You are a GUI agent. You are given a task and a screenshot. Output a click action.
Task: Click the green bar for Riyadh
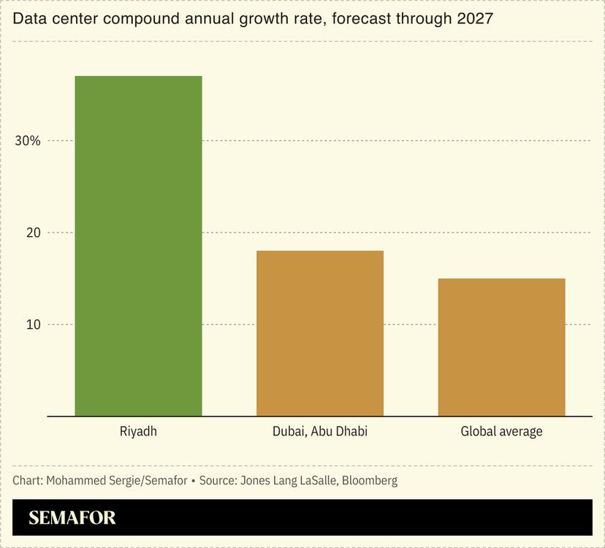pos(138,246)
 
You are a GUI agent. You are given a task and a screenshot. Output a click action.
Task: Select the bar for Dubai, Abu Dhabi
pos(319,333)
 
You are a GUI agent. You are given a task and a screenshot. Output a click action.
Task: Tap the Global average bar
pos(501,347)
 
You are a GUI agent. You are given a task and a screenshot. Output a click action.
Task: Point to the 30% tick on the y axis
pos(28,141)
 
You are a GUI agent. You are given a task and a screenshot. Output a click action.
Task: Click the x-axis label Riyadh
pos(138,431)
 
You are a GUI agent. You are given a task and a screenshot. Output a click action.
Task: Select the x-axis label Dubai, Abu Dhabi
pos(319,431)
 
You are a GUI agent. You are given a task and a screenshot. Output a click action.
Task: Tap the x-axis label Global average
pos(501,431)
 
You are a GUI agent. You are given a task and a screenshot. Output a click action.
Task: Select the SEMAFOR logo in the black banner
pos(72,518)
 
